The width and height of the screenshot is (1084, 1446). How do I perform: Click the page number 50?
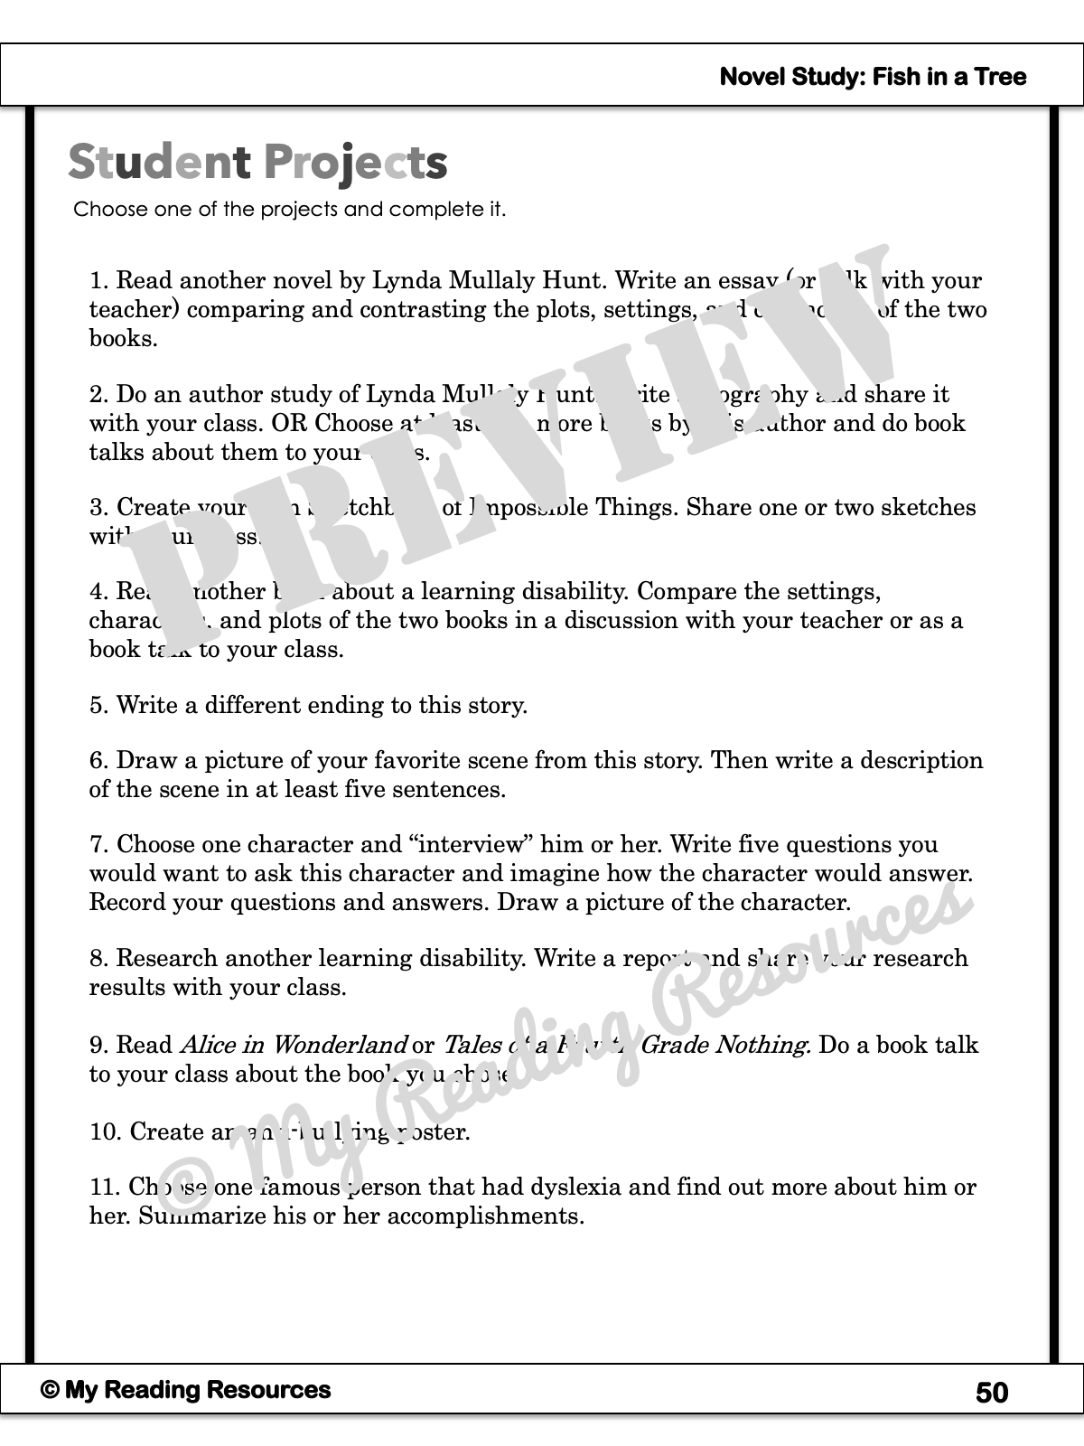992,1393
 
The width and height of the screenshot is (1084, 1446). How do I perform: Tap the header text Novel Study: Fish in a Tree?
873,77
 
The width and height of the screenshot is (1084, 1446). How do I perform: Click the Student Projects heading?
257,163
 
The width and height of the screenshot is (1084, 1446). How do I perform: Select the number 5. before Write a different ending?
98,706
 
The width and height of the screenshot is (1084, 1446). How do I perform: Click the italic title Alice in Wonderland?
294,1045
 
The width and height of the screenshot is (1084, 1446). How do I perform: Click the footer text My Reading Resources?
198,1390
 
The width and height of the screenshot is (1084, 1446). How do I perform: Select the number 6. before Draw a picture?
98,761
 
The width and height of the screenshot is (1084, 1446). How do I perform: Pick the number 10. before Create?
106,1131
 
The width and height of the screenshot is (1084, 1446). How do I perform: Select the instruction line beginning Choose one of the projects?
289,210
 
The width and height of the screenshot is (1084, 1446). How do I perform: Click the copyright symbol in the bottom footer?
50,1391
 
